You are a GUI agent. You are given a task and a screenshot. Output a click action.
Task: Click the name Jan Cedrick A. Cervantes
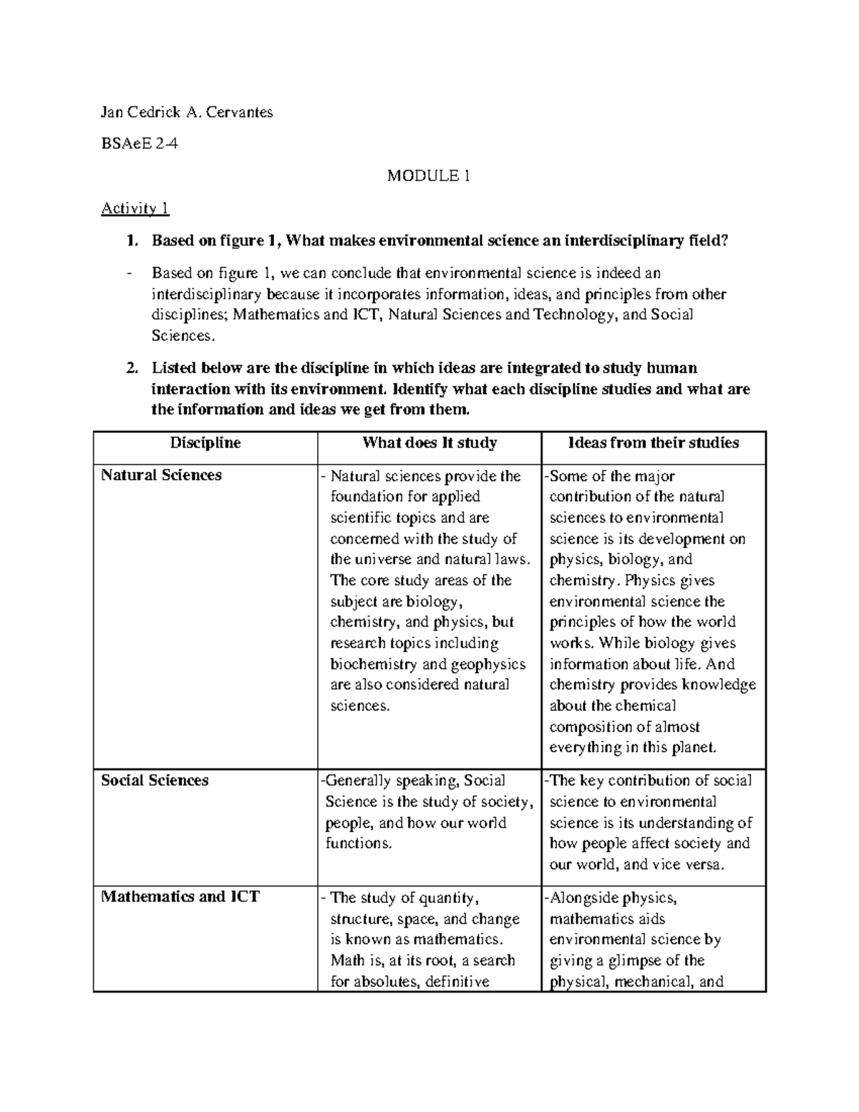[187, 112]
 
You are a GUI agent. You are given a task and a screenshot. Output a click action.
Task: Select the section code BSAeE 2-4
[140, 143]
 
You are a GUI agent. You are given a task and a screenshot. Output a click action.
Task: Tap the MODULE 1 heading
[428, 175]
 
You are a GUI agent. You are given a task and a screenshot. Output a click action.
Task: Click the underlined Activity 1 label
[135, 208]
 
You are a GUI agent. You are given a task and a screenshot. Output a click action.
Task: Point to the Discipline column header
[205, 443]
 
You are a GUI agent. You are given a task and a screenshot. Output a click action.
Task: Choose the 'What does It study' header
[429, 443]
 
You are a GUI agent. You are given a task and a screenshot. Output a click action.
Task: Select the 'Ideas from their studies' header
[653, 443]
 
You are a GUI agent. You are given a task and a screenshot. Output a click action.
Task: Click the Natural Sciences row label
[161, 475]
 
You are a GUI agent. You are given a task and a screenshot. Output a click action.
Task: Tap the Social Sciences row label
[155, 780]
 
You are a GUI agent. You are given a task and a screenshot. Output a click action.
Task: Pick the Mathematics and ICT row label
[180, 896]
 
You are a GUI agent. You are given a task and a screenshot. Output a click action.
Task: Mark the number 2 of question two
[130, 368]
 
